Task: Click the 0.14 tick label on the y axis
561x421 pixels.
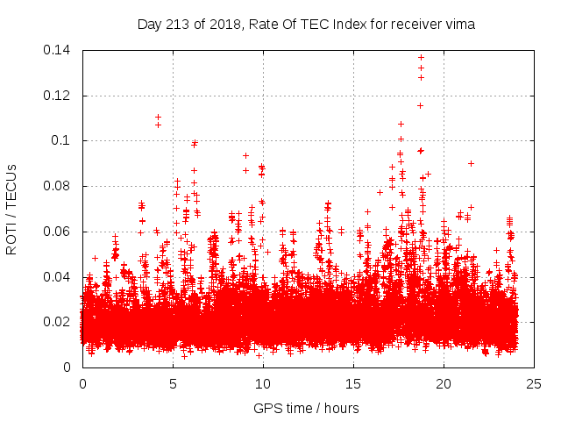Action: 60,50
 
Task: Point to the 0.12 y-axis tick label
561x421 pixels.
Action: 60,96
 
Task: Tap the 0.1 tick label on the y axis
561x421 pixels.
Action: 64,140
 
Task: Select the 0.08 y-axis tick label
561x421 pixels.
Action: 60,186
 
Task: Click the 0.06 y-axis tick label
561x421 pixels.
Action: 60,232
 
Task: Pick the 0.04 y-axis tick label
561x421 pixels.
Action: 60,277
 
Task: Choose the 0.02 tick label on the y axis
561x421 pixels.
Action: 60,322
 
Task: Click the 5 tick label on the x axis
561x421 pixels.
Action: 173,384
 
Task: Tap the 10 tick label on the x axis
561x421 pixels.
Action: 263,384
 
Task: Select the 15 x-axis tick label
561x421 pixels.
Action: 353,384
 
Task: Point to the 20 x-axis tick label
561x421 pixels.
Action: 444,384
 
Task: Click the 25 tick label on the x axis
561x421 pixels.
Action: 534,384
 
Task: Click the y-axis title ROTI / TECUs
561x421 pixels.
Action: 12,209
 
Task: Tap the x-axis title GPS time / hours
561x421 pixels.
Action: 307,408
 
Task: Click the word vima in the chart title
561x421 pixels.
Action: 461,25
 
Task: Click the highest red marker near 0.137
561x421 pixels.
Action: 421,58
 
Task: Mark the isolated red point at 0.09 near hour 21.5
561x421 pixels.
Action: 471,163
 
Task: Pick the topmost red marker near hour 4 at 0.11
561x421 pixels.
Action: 158,117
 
